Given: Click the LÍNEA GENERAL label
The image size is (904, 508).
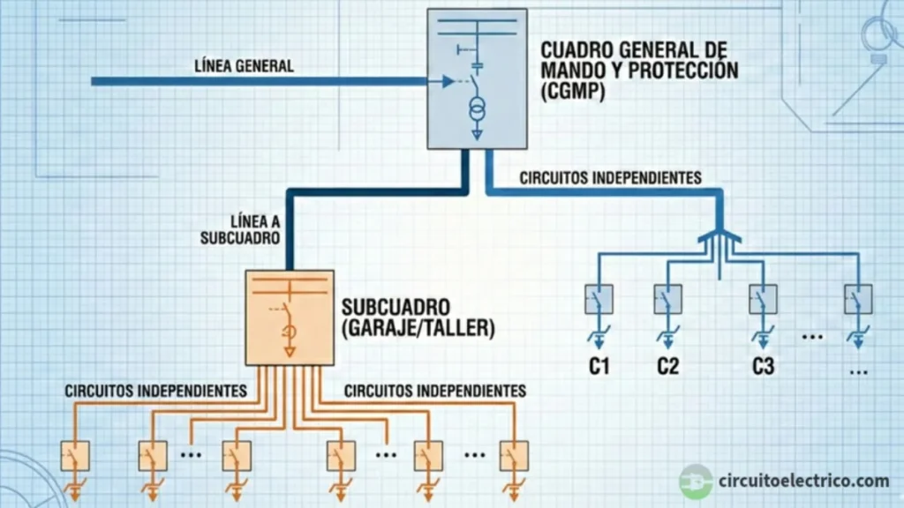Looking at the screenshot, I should click(245, 66).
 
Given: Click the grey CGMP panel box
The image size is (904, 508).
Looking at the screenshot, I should click(477, 78).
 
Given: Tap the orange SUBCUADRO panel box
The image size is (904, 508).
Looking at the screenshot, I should click(290, 318).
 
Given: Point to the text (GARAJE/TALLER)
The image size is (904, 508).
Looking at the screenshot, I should click(418, 328).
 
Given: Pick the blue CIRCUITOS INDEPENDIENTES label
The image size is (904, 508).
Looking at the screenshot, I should click(610, 178).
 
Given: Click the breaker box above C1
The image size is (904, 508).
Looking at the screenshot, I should click(599, 300).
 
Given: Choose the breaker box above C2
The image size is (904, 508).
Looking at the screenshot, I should click(668, 300).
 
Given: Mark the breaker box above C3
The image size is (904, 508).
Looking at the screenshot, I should click(763, 300).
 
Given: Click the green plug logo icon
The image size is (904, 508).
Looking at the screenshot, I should click(696, 482).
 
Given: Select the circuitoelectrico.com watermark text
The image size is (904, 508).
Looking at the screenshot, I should click(803, 482).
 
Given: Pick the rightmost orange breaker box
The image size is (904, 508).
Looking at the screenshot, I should click(514, 456).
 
